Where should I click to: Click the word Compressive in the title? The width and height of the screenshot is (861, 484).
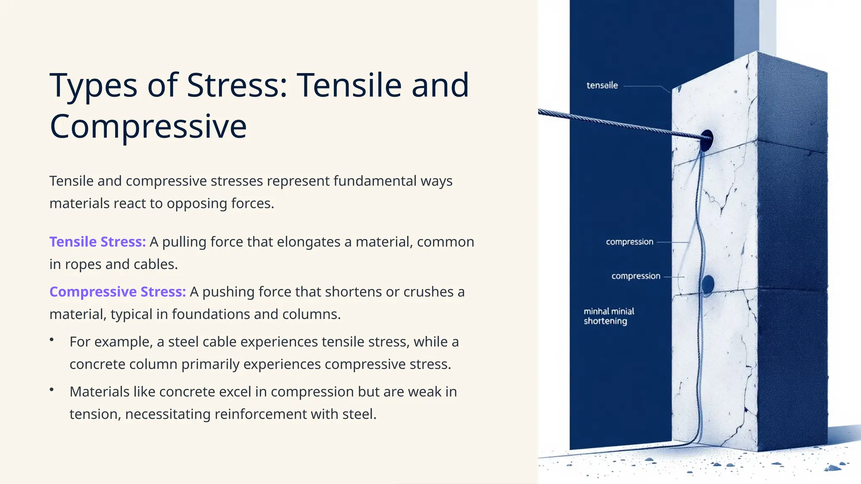pos(148,126)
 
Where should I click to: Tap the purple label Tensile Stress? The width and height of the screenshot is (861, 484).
pos(98,242)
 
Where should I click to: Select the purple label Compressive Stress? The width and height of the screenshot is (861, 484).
pos(117,292)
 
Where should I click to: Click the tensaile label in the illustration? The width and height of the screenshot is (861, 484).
pos(602,85)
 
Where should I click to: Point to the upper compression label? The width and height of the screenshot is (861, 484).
pos(629,242)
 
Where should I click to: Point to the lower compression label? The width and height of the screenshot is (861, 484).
pos(636,276)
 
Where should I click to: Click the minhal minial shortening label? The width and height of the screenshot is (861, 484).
pos(608,316)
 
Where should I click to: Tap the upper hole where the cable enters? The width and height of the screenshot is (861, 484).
pos(707,140)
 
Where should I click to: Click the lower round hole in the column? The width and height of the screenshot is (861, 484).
pos(708,284)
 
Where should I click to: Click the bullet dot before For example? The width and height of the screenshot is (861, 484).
pos(52,339)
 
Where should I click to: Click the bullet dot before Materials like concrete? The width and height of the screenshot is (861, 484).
pos(52,389)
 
